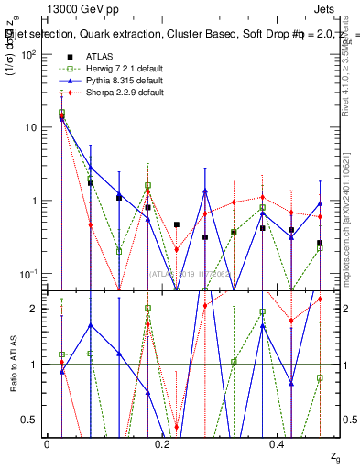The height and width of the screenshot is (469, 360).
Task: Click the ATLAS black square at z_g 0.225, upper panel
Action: (177, 224)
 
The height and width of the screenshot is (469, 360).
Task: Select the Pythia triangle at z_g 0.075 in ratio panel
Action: (90, 324)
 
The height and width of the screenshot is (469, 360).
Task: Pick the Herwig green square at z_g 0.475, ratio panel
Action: (320, 377)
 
